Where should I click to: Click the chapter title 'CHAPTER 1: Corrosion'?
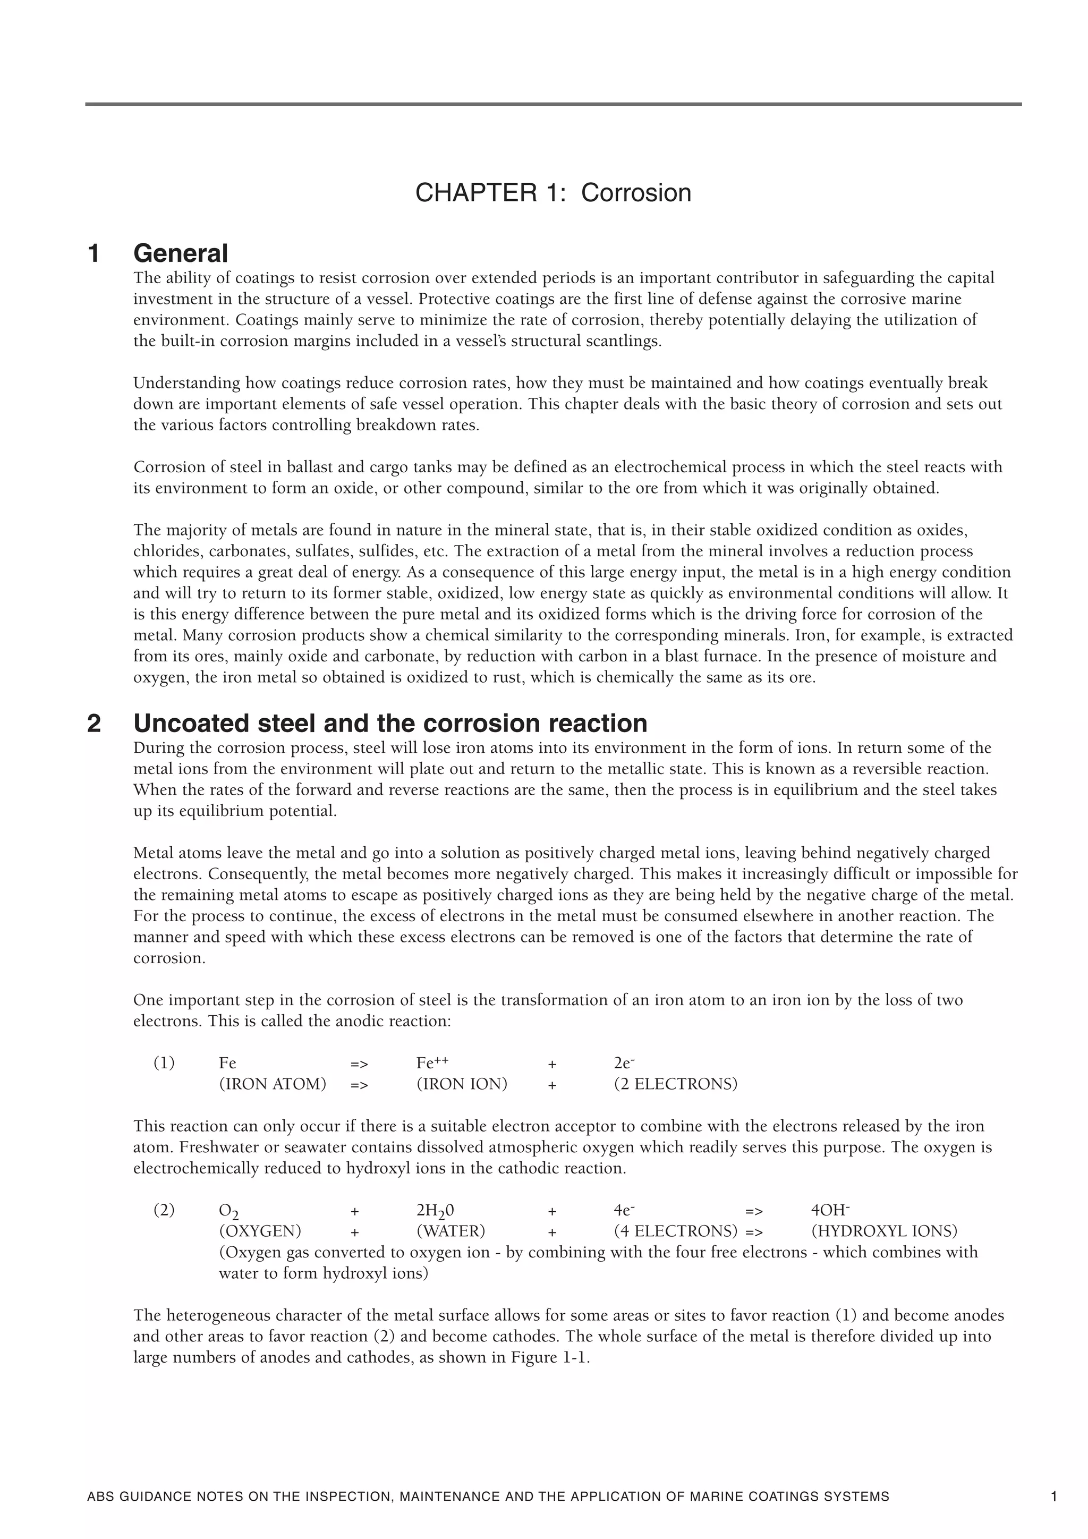[x=553, y=193]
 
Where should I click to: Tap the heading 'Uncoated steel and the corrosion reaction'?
[x=390, y=723]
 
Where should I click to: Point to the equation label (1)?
[x=164, y=1063]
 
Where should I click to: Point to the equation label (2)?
[x=164, y=1210]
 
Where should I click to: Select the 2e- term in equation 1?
[x=624, y=1063]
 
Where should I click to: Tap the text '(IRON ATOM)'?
[x=272, y=1084]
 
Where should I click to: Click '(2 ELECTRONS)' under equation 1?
[x=675, y=1084]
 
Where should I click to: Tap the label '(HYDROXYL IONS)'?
[x=883, y=1231]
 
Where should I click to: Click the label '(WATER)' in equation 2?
[x=450, y=1231]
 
